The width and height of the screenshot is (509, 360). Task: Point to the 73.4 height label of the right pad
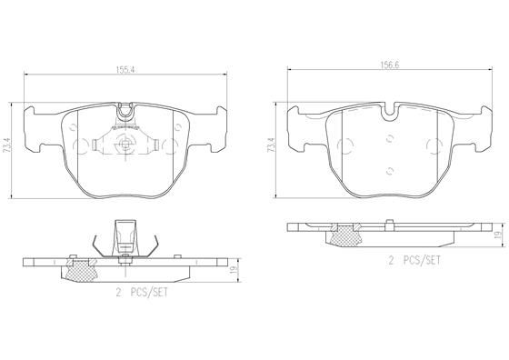click(x=271, y=144)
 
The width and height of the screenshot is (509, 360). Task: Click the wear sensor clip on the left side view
click(x=123, y=240)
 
